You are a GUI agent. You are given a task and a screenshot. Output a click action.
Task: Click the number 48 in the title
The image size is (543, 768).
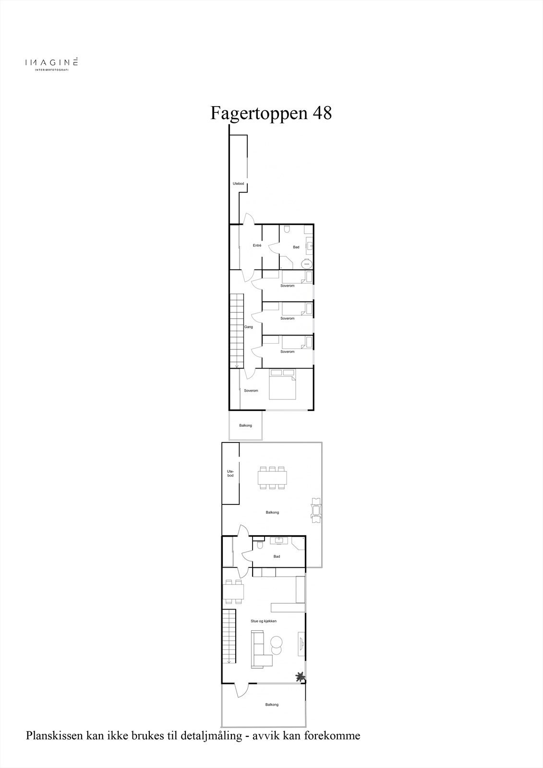point(322,113)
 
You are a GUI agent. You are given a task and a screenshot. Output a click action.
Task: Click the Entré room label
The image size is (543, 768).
point(257,246)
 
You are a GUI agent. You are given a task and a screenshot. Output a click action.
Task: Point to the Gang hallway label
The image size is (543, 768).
point(248,327)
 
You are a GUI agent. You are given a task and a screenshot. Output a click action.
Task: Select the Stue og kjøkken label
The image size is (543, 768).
point(264,621)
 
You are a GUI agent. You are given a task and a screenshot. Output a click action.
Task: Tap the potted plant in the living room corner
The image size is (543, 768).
point(300,677)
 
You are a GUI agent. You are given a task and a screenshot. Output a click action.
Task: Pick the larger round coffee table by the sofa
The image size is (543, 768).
point(277,642)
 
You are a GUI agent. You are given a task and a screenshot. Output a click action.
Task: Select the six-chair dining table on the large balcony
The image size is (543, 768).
point(273,478)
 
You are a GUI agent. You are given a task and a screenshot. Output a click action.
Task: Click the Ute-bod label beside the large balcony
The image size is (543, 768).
point(230,473)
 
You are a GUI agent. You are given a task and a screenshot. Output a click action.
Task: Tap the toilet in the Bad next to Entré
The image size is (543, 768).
point(287,229)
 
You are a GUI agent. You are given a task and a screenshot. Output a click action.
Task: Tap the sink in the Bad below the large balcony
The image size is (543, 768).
point(278,541)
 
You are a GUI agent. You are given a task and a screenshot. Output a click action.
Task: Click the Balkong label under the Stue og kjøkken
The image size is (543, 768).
point(272,705)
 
